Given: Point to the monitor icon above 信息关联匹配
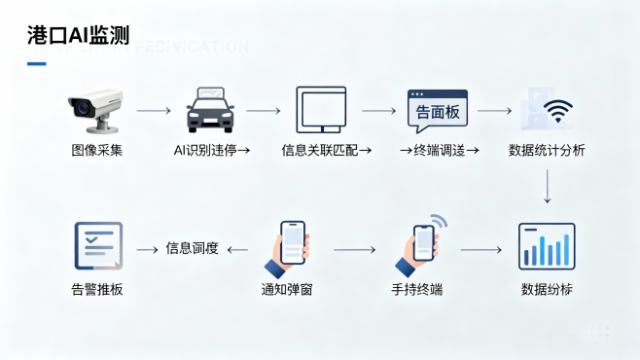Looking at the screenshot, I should [321, 110].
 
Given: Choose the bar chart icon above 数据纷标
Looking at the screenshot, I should [547, 245].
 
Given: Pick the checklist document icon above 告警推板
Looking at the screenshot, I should [97, 245].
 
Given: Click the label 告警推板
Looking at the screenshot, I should [97, 289].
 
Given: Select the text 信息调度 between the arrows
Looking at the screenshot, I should [192, 249].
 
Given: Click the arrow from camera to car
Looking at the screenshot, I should [153, 111].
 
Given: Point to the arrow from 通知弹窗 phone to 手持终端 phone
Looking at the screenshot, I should [355, 250].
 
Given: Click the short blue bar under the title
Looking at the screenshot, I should [36, 64].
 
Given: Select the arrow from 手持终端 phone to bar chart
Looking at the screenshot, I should [480, 250].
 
